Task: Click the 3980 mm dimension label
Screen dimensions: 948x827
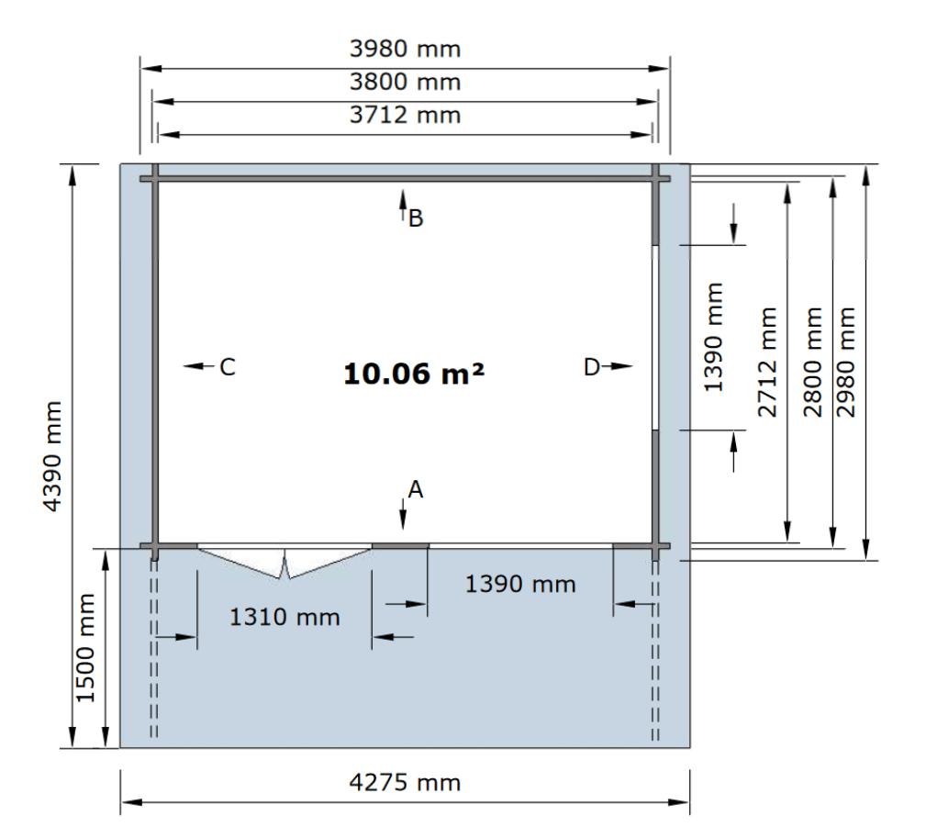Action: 405,49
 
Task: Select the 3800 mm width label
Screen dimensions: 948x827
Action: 405,83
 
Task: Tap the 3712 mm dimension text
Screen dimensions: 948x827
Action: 405,115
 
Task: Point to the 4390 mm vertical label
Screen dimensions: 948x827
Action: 53,456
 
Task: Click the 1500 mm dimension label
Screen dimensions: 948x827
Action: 86,647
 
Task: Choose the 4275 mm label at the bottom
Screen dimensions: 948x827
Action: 405,783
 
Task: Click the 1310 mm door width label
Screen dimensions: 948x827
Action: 284,617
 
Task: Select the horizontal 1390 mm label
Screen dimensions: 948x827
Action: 520,585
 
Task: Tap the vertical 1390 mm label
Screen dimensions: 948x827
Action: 714,338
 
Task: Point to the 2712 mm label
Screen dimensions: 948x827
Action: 768,363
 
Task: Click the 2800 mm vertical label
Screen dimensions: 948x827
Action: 813,363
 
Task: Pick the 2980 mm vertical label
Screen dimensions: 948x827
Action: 846,363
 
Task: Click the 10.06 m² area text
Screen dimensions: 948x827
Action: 414,374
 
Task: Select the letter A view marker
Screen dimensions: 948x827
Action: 416,489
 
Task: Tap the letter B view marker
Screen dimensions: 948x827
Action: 416,218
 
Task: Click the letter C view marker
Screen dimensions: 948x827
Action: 228,367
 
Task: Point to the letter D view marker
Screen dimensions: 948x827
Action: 591,367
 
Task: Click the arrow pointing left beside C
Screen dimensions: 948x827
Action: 199,365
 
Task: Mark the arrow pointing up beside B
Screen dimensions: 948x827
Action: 403,206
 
